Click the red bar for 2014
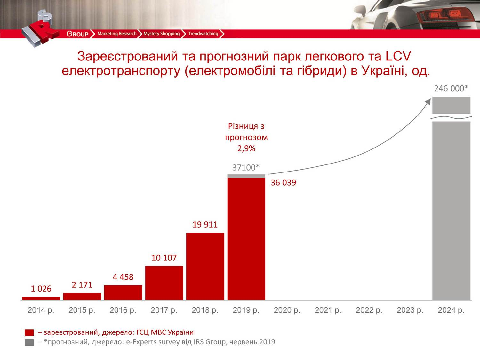coord(41,298)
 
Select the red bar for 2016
coord(123,292)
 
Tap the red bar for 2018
coord(205,266)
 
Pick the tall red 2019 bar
coord(246,239)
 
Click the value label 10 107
coord(164,258)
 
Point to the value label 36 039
coord(283,183)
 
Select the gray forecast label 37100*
coord(246,167)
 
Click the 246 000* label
coord(451,88)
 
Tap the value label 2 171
coord(82,284)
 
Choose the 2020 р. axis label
coord(287,310)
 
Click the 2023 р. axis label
coord(410,310)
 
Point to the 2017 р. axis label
coord(164,310)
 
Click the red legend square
coord(29,332)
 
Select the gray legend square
coord(29,342)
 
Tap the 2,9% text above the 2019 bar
coord(246,148)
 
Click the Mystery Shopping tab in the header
coord(161,34)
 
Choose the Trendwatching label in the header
coord(203,34)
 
